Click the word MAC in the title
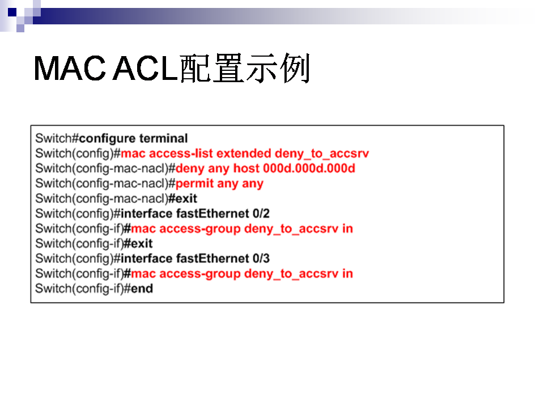69,68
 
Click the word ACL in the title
146,68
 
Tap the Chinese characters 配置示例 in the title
245,68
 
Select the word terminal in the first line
164,138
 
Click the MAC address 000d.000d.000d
309,168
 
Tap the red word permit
194,184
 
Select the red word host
246,168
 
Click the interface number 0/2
261,214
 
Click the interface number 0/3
261,258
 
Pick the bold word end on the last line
142,288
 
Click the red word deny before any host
190,169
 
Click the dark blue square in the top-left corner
12,12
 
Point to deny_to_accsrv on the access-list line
322,154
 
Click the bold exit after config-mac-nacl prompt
182,198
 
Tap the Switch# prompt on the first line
57,138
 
